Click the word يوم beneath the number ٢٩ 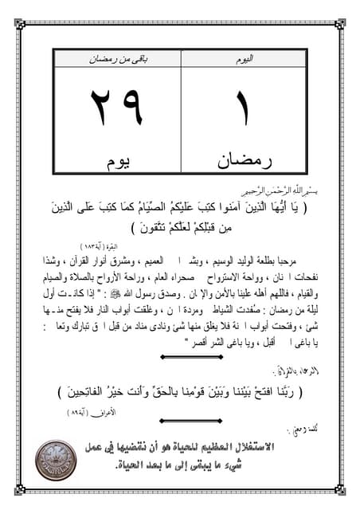pos(119,163)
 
